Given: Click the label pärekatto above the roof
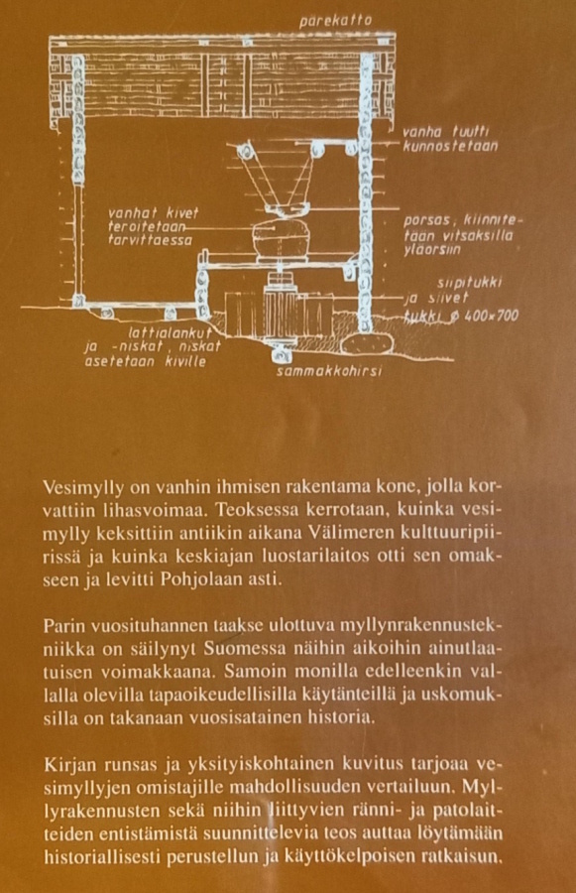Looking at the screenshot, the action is [335, 21].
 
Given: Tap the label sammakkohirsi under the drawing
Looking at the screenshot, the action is [328, 371].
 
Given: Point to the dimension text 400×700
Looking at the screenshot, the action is [491, 315].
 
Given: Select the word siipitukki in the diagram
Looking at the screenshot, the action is [469, 283].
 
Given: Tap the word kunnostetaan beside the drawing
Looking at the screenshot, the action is [450, 147].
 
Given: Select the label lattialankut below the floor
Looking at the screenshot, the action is [171, 333].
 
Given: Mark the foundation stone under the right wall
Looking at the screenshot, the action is [368, 343].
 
